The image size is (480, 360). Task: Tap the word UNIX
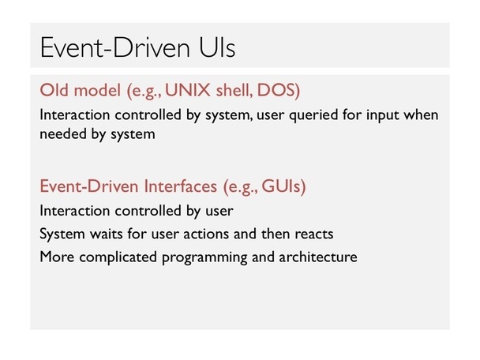point(188,90)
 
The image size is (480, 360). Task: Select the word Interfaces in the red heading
point(181,186)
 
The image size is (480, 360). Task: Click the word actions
point(206,234)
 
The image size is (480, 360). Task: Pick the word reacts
point(313,234)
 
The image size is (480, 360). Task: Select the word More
point(58,257)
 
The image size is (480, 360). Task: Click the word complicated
point(118,257)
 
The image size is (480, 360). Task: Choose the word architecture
point(318,257)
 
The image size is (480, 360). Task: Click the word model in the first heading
point(97,90)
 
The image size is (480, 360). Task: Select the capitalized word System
point(62,234)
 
